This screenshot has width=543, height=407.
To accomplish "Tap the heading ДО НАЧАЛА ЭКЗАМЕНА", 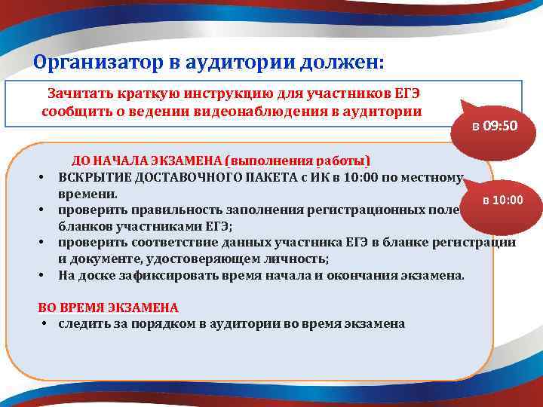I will pyautogui.click(x=150, y=161).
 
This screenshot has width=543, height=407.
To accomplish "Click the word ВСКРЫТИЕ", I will pyautogui.click(x=94, y=177).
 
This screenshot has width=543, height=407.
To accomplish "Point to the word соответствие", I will pyautogui.click(x=170, y=242).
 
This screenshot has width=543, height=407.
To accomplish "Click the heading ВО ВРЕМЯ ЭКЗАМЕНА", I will pyautogui.click(x=109, y=308).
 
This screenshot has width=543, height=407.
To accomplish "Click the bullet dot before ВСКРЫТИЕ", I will pyautogui.click(x=44, y=178).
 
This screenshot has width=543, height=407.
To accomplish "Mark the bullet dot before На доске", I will pyautogui.click(x=44, y=276).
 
